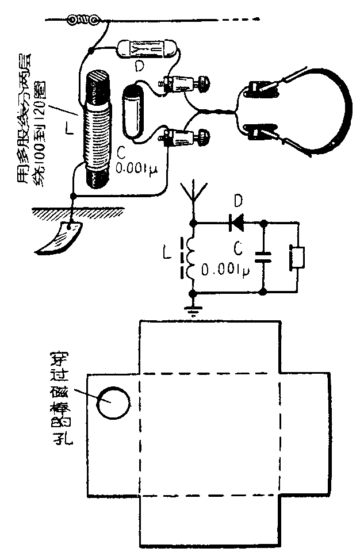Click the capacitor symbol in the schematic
point(263,256)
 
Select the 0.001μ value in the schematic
point(224,271)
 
